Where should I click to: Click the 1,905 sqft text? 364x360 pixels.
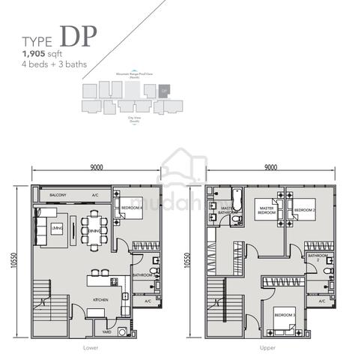pyautogui.click(x=43, y=55)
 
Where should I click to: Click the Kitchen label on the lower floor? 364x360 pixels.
pyautogui.click(x=101, y=299)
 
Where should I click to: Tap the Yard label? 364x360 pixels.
pyautogui.click(x=107, y=331)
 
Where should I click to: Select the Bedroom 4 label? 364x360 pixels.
pyautogui.click(x=132, y=208)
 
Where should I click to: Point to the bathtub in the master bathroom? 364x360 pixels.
pyautogui.click(x=237, y=199)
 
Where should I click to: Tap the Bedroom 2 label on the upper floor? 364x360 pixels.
pyautogui.click(x=303, y=211)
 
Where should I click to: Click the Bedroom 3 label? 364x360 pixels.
pyautogui.click(x=283, y=315)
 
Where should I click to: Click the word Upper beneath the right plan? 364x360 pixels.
pyautogui.click(x=270, y=349)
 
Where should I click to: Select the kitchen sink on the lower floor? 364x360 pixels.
pyautogui.click(x=114, y=281)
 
